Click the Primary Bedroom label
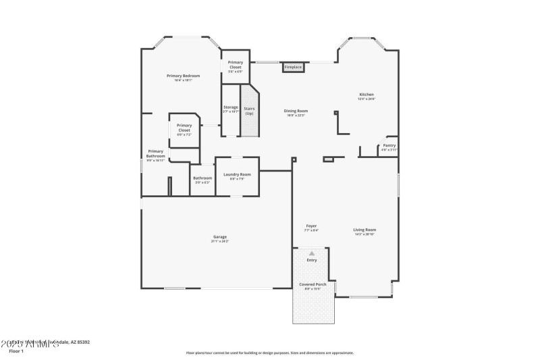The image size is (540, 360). pyautogui.click(x=183, y=76)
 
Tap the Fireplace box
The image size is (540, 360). pyautogui.click(x=293, y=68)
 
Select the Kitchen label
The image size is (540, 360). pyautogui.click(x=367, y=95)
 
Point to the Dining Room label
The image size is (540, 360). pyautogui.click(x=296, y=111)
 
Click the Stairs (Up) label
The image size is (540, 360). pyautogui.click(x=249, y=110)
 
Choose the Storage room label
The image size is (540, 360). pyautogui.click(x=231, y=107)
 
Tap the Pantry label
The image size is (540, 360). pyautogui.click(x=389, y=145)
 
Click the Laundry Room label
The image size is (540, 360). pyautogui.click(x=237, y=174)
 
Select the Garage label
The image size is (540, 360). pyautogui.click(x=220, y=236)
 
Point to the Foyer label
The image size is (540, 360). pyautogui.click(x=311, y=226)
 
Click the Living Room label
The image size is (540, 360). pyautogui.click(x=364, y=230)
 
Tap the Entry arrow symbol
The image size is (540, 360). pyautogui.click(x=312, y=253)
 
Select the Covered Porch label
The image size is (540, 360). pyautogui.click(x=313, y=284)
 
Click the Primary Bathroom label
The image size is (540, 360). pyautogui.click(x=156, y=153)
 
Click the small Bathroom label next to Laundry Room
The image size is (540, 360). pyautogui.click(x=202, y=178)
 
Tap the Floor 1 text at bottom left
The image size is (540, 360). pyautogui.click(x=16, y=351)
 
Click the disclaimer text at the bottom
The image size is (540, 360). pyautogui.click(x=270, y=353)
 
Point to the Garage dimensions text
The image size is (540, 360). pyautogui.click(x=220, y=241)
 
